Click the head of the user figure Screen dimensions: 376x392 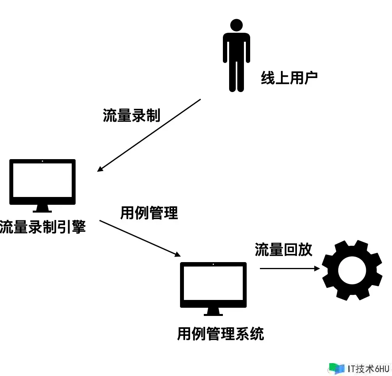(236, 26)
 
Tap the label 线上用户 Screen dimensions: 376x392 (289, 78)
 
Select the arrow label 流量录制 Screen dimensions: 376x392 (132, 115)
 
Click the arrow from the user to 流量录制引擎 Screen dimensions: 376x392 (149, 135)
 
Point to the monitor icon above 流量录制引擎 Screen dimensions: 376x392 (42, 182)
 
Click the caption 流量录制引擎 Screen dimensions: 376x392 (42, 227)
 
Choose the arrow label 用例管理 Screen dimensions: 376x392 (149, 213)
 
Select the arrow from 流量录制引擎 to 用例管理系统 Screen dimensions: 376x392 (139, 238)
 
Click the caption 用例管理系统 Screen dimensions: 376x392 (221, 334)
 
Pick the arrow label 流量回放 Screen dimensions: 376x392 (284, 250)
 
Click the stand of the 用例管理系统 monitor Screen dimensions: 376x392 (213, 312)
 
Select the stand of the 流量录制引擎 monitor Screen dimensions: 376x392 (42, 209)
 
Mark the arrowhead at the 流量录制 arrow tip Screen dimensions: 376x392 (100, 169)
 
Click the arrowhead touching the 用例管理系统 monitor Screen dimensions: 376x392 (177, 254)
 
